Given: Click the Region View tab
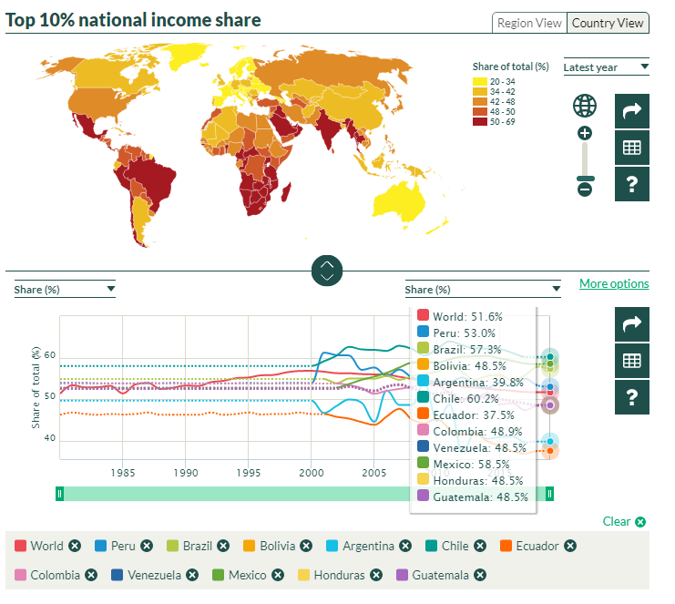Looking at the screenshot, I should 529,23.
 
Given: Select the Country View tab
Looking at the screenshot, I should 609,23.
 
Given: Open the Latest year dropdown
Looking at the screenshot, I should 606,67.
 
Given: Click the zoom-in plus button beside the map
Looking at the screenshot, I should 585,133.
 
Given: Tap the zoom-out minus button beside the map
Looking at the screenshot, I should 585,189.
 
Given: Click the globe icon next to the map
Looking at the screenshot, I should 585,106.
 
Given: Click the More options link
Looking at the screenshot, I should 614,283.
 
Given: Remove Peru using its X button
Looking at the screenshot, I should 149,546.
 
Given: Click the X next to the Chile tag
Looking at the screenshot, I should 481,546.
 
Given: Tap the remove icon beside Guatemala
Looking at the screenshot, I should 479,575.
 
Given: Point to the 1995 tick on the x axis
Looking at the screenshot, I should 248,474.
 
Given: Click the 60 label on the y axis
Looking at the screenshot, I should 49,355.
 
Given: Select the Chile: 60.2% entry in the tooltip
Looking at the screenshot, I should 466,398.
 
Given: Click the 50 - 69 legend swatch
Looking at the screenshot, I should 479,121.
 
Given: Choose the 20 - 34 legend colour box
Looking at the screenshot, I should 479,81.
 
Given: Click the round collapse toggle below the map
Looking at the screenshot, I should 328,271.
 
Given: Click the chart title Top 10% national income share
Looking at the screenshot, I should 133,20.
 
